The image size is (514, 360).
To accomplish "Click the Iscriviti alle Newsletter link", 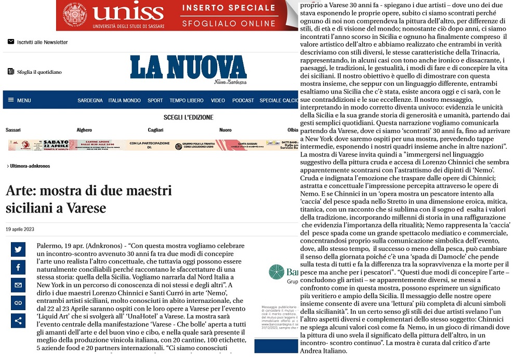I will [42, 42].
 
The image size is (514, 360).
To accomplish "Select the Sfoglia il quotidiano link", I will [39, 72].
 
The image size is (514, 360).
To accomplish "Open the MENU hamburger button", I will [19, 100].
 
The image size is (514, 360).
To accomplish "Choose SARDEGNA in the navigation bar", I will [90, 100].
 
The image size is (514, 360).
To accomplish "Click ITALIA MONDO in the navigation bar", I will [124, 100].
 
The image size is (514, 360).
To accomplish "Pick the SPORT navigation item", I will [155, 100].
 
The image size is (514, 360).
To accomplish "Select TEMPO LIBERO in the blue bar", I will [187, 100].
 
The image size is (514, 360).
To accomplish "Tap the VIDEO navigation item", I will [218, 100].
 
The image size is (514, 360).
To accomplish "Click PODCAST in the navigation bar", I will [243, 100].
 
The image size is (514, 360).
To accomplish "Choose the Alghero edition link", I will [84, 130].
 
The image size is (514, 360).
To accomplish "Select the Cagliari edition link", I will [155, 130].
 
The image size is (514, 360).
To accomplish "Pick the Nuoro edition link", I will [226, 130].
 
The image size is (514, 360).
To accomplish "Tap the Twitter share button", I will [18, 249].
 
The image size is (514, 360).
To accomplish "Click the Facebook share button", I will [18, 268].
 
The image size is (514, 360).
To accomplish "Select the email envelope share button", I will [18, 285].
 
